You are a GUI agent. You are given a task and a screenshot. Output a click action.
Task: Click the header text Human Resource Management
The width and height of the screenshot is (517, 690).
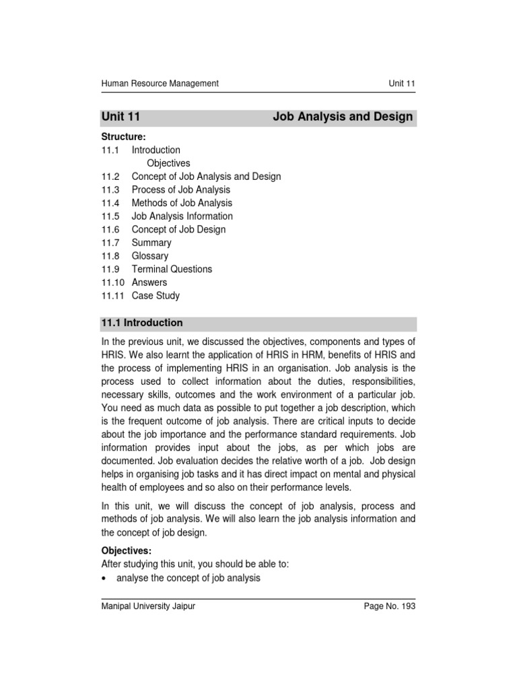160,84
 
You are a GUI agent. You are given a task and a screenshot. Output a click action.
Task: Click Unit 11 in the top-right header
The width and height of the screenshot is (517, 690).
402,84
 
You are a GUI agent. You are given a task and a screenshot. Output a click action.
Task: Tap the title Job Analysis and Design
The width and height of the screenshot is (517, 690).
343,117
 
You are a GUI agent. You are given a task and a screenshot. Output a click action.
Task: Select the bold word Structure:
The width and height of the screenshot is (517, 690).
123,137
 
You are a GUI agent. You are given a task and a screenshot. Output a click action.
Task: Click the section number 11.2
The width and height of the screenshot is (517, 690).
110,177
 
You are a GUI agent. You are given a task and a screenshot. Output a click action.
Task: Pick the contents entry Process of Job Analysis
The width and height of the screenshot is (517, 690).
180,190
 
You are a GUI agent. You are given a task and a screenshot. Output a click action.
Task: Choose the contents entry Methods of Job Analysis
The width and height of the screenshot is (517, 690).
182,203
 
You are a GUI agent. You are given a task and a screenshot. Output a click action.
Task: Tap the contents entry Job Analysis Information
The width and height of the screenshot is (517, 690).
182,216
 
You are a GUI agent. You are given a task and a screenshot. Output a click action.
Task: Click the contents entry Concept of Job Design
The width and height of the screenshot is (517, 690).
178,229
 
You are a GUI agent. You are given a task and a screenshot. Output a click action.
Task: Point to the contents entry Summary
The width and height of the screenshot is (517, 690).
151,243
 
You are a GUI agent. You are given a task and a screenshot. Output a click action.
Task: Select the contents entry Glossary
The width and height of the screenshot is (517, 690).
150,256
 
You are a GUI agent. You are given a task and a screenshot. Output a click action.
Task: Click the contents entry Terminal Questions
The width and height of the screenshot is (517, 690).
172,269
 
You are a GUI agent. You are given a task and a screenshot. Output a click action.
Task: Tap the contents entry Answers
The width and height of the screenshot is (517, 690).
149,282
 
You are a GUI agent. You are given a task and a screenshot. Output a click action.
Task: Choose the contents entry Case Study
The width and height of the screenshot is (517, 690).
156,295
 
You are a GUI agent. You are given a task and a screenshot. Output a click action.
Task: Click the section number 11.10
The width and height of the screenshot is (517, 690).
113,282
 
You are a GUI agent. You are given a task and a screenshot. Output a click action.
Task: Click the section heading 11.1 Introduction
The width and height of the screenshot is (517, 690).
142,323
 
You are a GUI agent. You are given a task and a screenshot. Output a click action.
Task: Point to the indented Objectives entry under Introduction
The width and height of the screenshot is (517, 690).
168,163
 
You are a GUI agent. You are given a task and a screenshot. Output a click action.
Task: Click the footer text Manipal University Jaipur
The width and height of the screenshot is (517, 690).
148,606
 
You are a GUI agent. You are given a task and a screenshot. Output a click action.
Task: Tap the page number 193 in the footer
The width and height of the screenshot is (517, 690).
407,606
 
